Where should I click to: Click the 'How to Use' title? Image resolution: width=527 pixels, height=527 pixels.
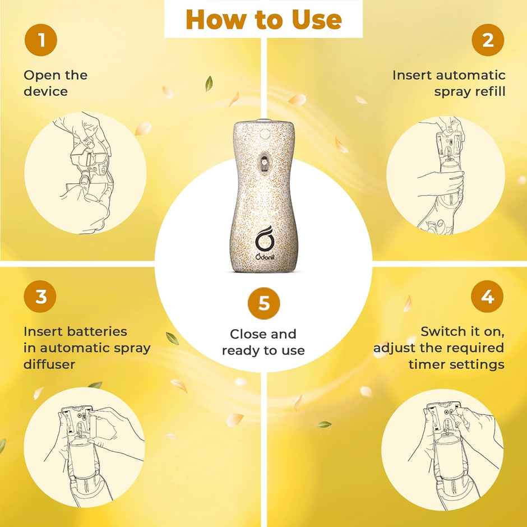(x=263, y=19)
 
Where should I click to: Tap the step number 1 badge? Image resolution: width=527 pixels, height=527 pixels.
(x=41, y=40)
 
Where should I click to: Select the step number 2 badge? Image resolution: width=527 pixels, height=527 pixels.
(x=487, y=40)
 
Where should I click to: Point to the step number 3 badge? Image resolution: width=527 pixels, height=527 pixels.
(x=41, y=297)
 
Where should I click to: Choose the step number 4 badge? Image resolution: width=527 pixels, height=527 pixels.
(x=487, y=297)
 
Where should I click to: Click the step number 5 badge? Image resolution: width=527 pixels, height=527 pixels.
(x=263, y=304)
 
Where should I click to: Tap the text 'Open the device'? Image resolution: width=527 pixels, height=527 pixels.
(x=56, y=82)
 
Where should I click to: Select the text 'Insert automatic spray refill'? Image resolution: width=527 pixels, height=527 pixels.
(x=449, y=82)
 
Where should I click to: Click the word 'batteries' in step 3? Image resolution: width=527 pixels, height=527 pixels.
(x=96, y=331)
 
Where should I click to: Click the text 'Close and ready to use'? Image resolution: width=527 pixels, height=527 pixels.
(x=263, y=342)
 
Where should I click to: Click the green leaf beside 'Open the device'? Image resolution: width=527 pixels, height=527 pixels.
(x=209, y=84)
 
